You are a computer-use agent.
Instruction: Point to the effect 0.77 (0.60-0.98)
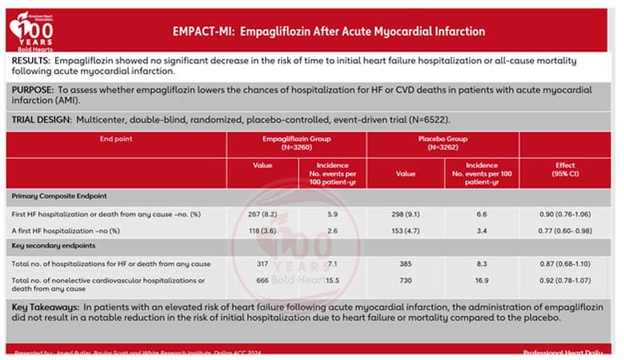click(x=566, y=229)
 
